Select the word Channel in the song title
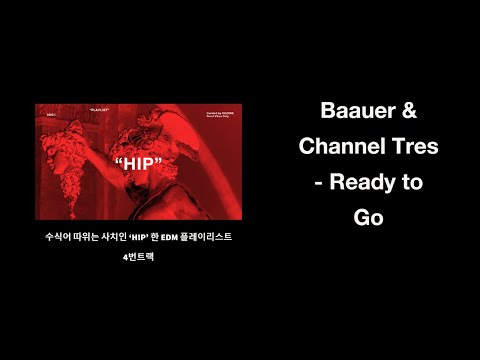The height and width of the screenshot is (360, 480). (x=346, y=146)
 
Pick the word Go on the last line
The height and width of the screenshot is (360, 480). (x=369, y=219)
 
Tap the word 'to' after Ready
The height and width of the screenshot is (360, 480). (x=413, y=183)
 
